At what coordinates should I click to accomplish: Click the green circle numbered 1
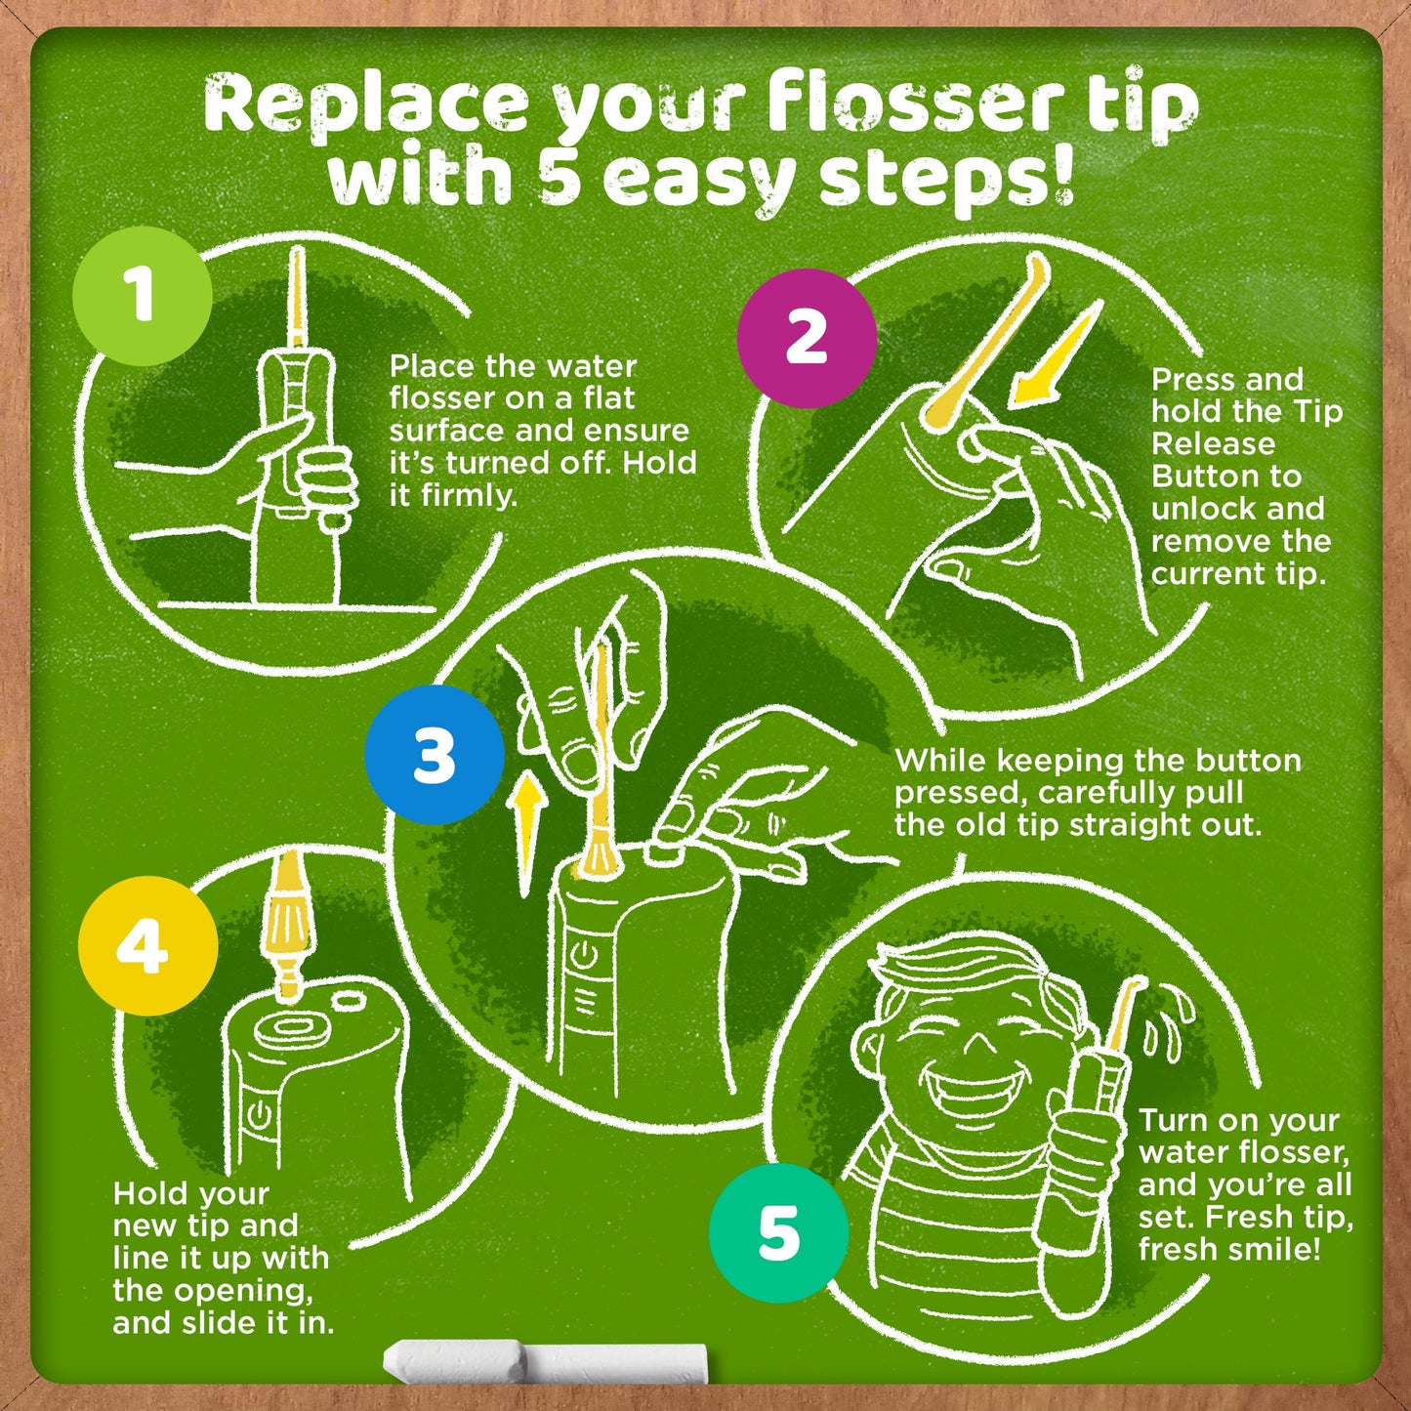tap(143, 295)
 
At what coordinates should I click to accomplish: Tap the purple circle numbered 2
tap(807, 338)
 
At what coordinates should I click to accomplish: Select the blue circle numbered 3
tap(435, 755)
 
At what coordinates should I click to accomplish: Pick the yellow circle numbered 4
tap(147, 945)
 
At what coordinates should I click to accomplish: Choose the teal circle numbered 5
tap(778, 1232)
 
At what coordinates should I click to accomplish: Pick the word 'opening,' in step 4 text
tap(243, 1292)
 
